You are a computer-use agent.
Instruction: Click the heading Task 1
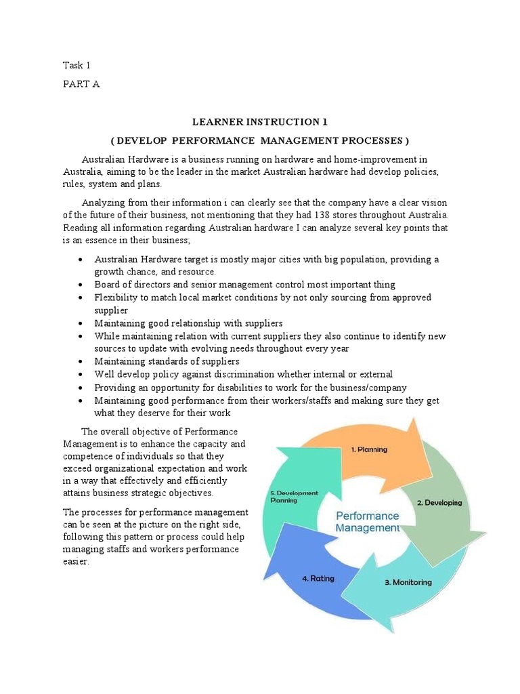click(76, 65)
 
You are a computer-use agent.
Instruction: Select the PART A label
click(81, 85)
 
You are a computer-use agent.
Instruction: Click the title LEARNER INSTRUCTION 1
click(260, 122)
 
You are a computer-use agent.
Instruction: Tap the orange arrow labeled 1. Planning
click(368, 449)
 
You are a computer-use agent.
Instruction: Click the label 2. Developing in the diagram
click(439, 503)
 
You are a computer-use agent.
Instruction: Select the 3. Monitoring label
click(408, 581)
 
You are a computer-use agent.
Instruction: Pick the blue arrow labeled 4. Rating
click(318, 579)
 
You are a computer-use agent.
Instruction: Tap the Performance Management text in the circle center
click(368, 521)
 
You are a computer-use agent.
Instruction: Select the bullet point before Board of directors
click(81, 285)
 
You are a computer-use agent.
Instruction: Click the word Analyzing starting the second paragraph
click(103, 203)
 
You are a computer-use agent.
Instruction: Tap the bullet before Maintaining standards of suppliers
click(81, 362)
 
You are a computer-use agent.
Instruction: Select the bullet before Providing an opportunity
click(81, 388)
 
